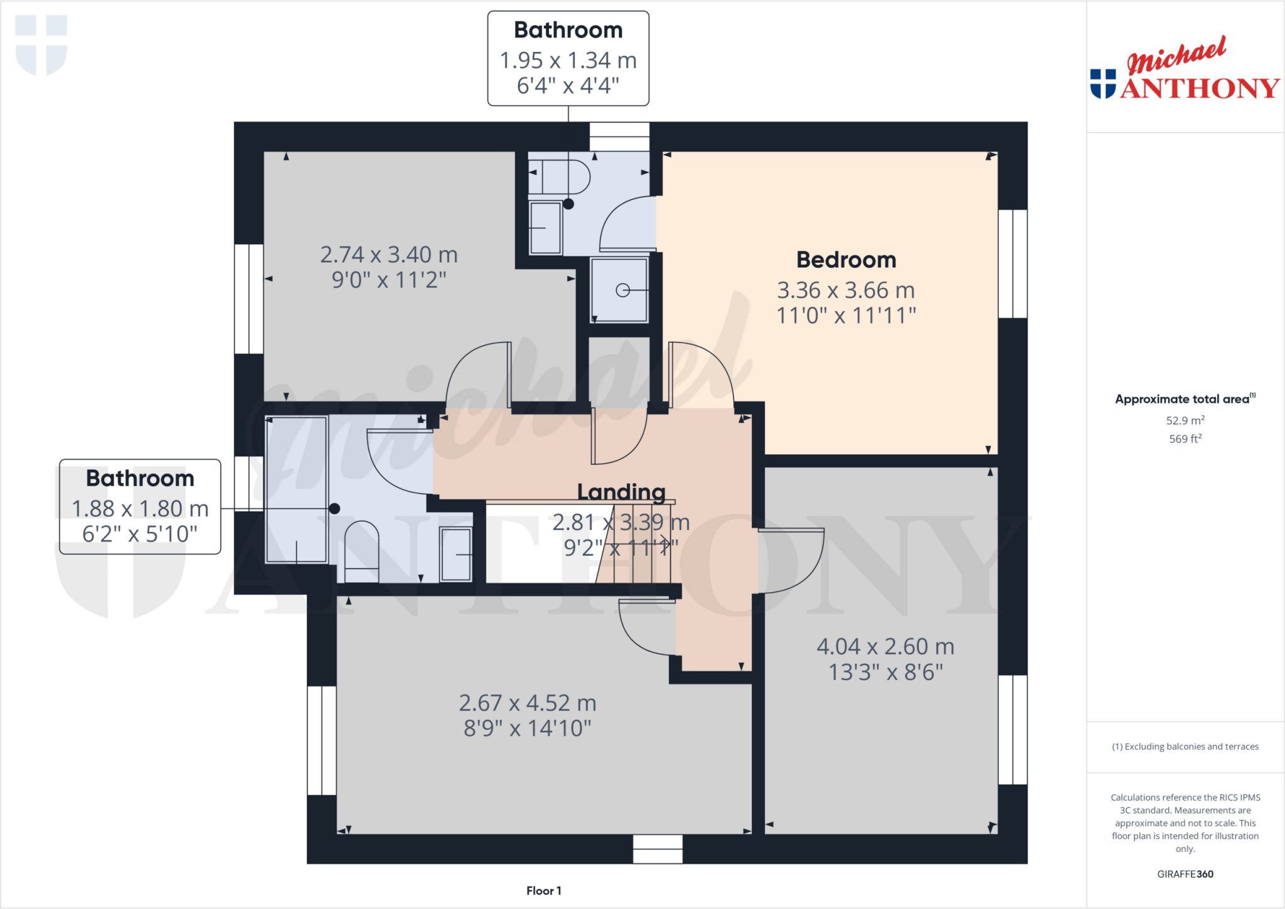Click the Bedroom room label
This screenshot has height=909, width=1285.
click(x=846, y=260)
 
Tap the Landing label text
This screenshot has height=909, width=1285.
click(x=621, y=492)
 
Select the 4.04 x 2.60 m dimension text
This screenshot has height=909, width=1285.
click(x=885, y=647)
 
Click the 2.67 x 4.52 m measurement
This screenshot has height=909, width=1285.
click(x=527, y=703)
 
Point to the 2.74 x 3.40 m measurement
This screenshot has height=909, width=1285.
click(x=389, y=255)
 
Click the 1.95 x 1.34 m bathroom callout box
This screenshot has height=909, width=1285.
click(x=568, y=58)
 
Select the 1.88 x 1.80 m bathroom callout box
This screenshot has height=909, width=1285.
click(x=140, y=507)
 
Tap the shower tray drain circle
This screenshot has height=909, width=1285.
click(x=622, y=290)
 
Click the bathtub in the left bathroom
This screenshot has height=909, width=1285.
click(x=296, y=490)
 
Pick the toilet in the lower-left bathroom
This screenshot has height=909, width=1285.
click(x=362, y=551)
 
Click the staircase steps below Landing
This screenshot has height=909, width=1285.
click(x=634, y=552)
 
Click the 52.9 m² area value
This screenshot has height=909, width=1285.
click(x=1185, y=420)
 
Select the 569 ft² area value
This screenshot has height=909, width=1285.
click(x=1185, y=439)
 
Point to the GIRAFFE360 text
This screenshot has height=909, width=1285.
click(x=1185, y=874)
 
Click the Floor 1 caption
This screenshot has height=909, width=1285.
click(x=543, y=891)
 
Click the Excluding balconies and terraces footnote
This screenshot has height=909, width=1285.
click(x=1185, y=747)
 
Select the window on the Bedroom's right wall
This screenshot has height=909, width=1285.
click(x=1012, y=263)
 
